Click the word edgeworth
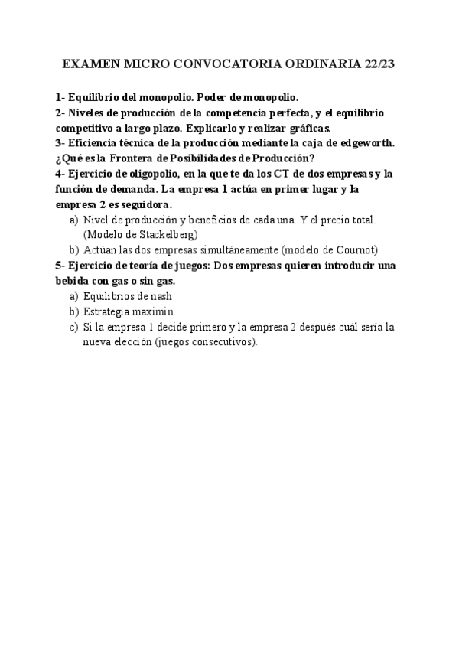345,143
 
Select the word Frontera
132,158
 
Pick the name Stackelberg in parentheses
162,234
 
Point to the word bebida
73,280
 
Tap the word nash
179,295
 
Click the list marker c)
74,326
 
